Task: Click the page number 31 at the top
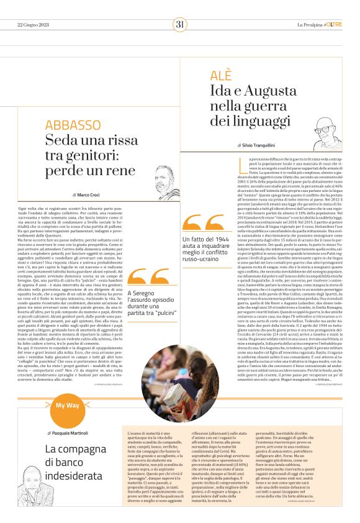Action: point(180,25)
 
